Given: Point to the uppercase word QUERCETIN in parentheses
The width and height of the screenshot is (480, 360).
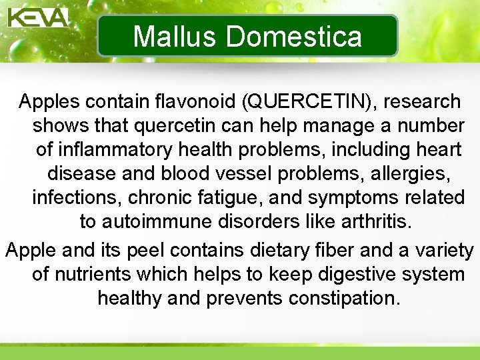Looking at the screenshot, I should click(309, 102).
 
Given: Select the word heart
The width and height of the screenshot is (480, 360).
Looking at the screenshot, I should click(438, 150).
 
